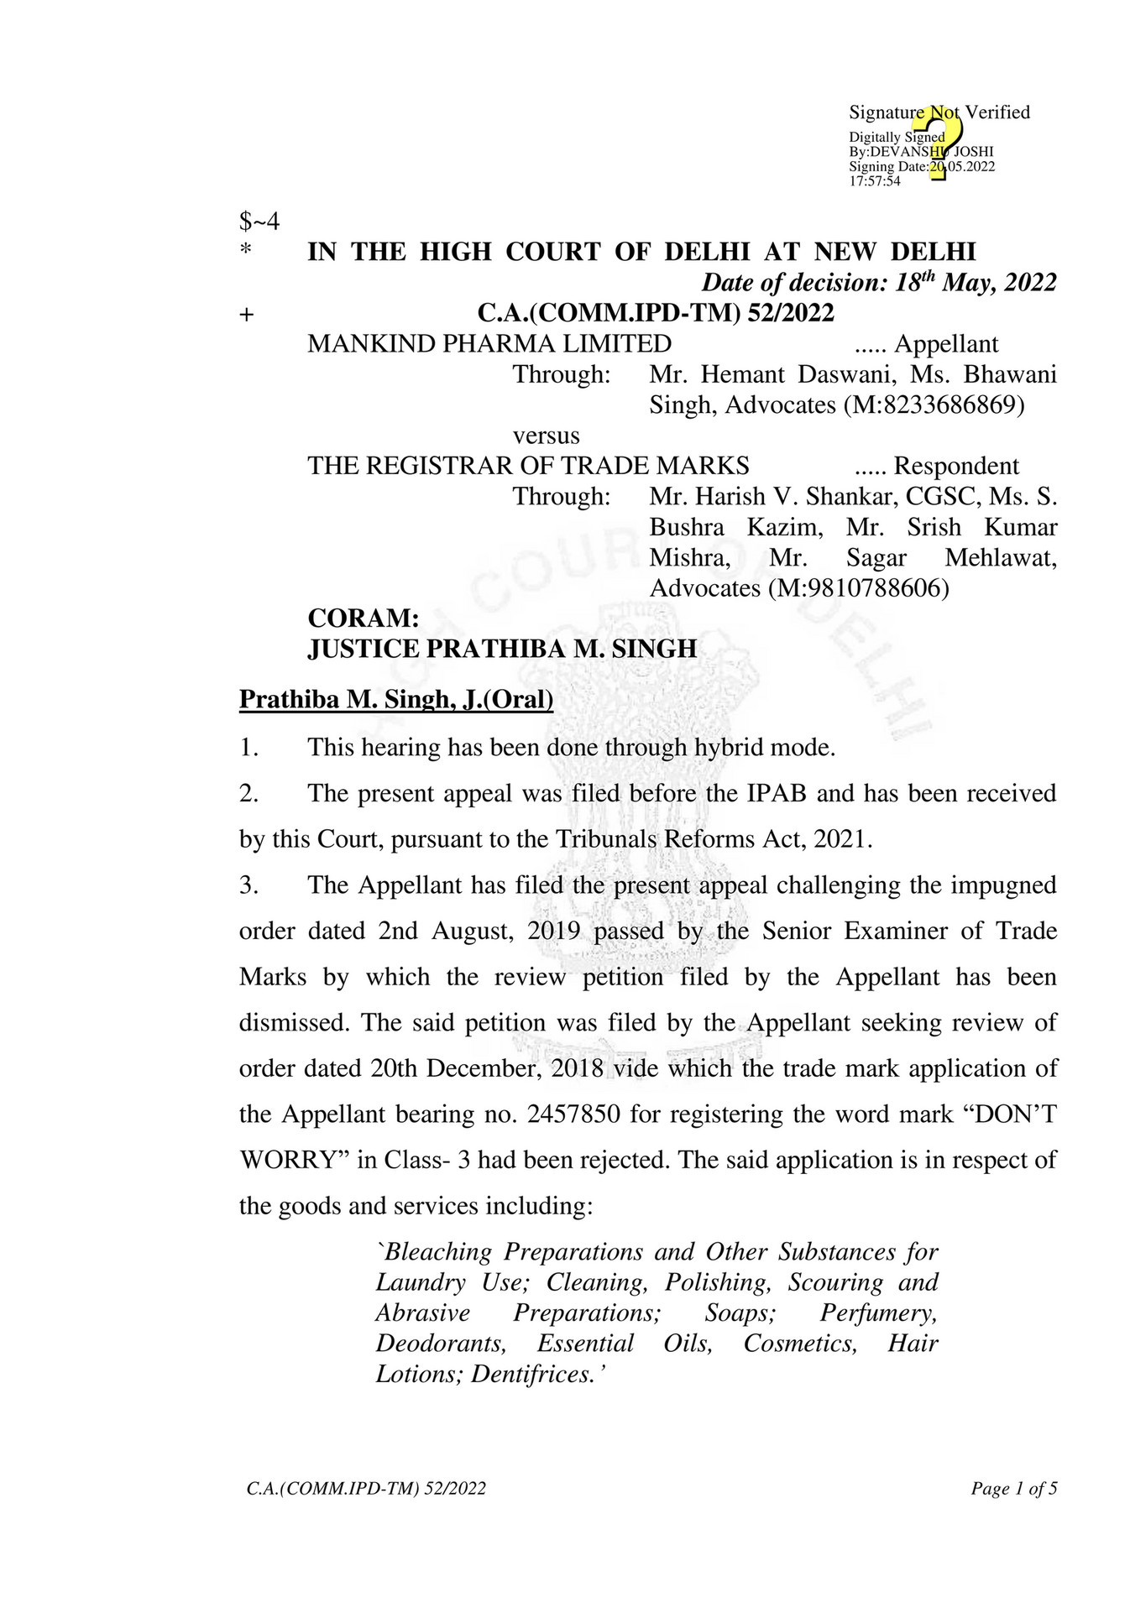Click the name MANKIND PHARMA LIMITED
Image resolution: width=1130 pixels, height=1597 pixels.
(489, 344)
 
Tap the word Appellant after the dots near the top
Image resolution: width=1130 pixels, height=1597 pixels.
(946, 344)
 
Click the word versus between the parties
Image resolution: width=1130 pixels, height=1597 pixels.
(547, 436)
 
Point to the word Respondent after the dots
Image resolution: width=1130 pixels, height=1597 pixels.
(956, 466)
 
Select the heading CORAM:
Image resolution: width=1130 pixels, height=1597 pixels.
(364, 618)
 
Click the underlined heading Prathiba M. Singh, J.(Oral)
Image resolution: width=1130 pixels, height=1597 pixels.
(396, 699)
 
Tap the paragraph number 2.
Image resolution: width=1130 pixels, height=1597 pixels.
(248, 793)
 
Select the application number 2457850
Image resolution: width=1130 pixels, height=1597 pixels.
(573, 1114)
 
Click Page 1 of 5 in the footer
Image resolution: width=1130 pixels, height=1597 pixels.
(1013, 1489)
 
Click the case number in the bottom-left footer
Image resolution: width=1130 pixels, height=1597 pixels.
(366, 1489)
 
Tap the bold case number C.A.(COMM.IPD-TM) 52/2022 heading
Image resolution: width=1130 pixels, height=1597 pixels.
(656, 313)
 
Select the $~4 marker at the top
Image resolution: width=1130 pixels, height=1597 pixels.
(259, 222)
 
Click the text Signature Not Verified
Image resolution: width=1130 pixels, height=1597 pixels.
(939, 112)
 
